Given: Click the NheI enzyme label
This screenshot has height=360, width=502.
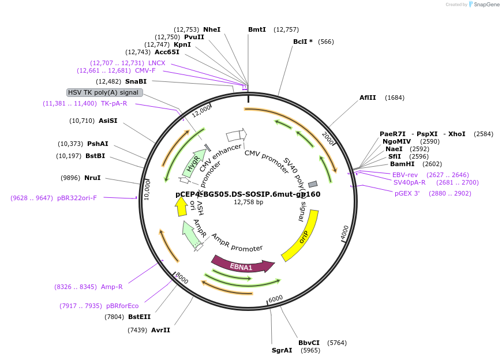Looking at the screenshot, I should pyautogui.click(x=212, y=29).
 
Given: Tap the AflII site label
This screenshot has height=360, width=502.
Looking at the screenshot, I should pyautogui.click(x=368, y=97).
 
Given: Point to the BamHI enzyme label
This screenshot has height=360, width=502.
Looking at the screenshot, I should pyautogui.click(x=402, y=164).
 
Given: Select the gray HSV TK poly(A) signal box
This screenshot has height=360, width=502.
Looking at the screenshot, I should pyautogui.click(x=103, y=92).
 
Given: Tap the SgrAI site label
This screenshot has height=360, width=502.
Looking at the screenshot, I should pyautogui.click(x=282, y=350).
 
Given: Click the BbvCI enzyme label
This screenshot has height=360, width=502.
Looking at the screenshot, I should pyautogui.click(x=309, y=343).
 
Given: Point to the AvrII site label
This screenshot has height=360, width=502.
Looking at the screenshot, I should pyautogui.click(x=160, y=330).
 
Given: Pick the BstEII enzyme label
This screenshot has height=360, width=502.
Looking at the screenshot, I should pyautogui.click(x=139, y=317).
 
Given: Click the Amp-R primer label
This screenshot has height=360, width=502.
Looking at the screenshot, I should pyautogui.click(x=112, y=287).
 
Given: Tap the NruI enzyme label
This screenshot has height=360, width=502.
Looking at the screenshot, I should pyautogui.click(x=92, y=178).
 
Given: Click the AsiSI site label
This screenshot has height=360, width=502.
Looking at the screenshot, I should pyautogui.click(x=108, y=121).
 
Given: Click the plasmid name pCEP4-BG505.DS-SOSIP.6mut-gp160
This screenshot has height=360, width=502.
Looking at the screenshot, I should pyautogui.click(x=248, y=194).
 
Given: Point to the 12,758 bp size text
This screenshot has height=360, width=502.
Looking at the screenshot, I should pyautogui.click(x=248, y=202).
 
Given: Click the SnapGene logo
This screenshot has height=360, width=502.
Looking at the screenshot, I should pyautogui.click(x=484, y=5).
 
